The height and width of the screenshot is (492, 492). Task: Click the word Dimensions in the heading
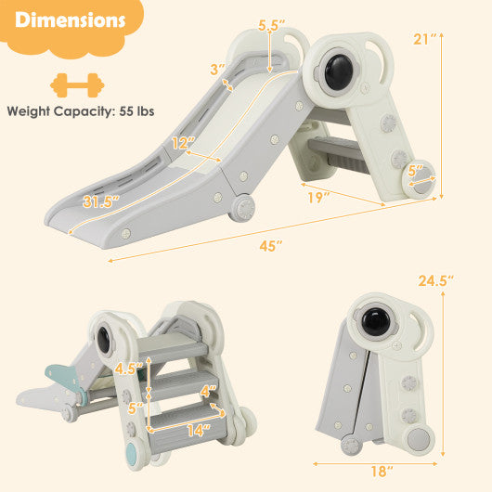(71, 21)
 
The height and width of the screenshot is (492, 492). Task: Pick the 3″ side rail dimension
(218, 70)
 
